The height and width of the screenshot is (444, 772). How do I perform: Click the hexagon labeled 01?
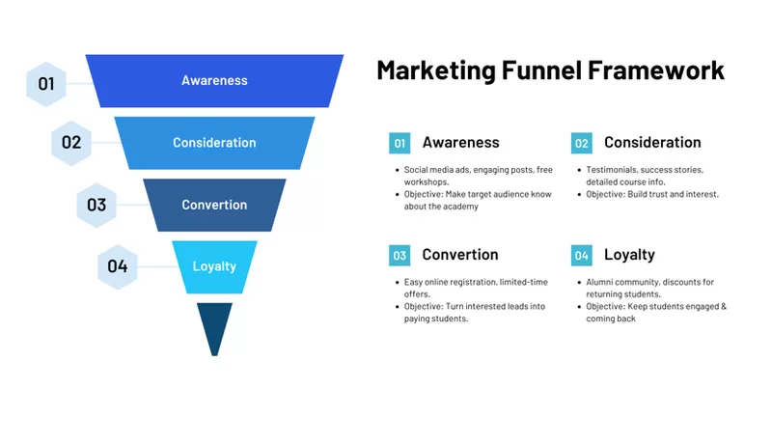pos(46,84)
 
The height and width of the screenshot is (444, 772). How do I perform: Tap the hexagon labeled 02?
pos(71,143)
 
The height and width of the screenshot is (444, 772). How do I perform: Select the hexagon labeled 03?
pos(96,205)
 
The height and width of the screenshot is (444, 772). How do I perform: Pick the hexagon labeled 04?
pos(118,266)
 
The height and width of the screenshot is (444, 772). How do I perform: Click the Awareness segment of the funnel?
pos(214,80)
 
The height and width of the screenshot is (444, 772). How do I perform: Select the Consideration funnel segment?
pos(214,143)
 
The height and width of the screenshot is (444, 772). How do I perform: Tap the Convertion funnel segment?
pos(214,205)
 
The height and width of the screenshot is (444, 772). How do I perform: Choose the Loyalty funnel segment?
pos(214,266)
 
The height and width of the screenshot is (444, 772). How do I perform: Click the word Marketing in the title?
pos(435,70)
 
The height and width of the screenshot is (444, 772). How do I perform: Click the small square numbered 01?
pos(400,144)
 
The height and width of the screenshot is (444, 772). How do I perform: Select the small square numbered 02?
pos(581,144)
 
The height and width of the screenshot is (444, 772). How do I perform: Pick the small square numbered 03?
pos(400,256)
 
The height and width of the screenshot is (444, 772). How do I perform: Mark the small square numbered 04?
pos(581,256)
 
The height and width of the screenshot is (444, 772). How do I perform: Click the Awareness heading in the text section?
pos(460,143)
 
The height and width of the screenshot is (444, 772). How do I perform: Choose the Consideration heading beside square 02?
pos(652,143)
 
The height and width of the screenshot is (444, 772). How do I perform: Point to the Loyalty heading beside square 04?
pos(629,255)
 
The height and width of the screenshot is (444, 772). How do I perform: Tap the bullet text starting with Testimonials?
pos(645,176)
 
